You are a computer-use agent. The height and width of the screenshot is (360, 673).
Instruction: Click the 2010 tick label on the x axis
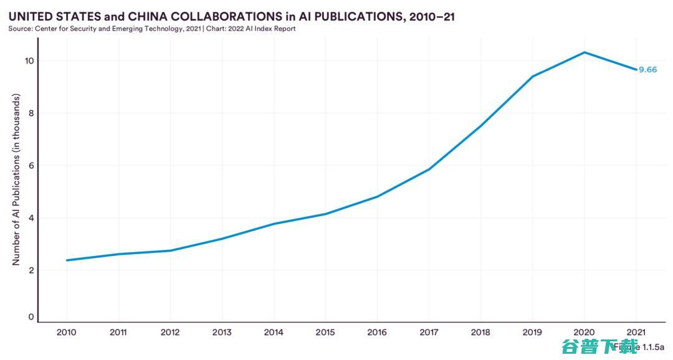tap(66, 333)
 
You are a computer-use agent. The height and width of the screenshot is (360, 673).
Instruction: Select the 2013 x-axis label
tap(222, 333)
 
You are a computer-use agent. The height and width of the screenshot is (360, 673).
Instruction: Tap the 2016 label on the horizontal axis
tap(377, 333)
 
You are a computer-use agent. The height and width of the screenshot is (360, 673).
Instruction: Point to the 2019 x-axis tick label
tap(533, 333)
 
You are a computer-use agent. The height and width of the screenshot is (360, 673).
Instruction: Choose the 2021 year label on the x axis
tap(636, 333)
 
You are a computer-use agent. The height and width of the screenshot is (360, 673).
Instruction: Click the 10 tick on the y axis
tap(29, 61)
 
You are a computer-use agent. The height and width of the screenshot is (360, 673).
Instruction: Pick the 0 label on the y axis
tap(31, 317)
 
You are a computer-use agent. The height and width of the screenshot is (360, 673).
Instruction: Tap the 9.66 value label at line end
tap(648, 70)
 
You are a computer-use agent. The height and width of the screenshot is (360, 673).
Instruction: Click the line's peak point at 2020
tap(585, 52)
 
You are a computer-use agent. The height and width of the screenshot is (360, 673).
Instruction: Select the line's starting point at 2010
tap(66, 260)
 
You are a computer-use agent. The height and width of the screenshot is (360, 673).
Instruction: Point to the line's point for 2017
tap(429, 169)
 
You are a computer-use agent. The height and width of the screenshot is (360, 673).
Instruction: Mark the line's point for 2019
tap(533, 77)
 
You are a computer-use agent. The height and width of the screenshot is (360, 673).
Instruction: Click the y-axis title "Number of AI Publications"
tap(16, 180)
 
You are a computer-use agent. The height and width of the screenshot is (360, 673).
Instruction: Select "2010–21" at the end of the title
tap(431, 17)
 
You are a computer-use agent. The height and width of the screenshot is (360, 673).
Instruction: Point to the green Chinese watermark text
tap(600, 346)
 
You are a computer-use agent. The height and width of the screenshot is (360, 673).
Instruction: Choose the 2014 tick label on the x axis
tap(274, 333)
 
